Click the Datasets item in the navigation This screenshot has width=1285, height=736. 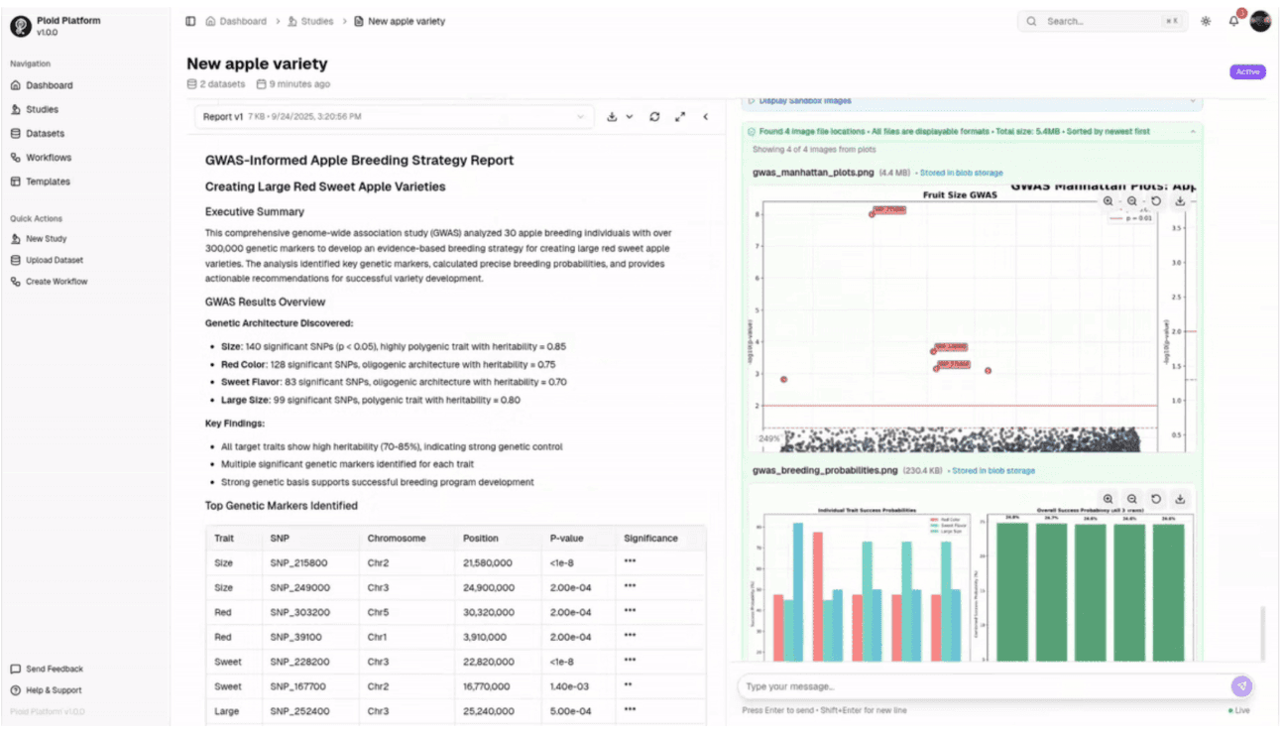45,134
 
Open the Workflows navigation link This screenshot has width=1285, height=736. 48,158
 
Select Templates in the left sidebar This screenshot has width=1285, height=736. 48,182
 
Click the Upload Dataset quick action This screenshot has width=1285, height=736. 54,260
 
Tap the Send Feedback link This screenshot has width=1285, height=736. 54,670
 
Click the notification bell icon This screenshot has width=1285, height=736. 1233,21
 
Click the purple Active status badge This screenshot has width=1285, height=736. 1247,72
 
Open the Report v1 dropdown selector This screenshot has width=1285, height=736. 394,117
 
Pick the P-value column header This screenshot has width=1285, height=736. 570,539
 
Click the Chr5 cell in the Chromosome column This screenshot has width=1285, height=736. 378,612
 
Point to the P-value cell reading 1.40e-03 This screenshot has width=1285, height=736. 570,686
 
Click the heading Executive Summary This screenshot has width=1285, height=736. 255,211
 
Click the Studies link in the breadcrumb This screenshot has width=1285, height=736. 316,21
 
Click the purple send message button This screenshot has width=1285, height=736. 1241,686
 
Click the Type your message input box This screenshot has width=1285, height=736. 982,686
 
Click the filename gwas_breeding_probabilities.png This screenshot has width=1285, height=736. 825,470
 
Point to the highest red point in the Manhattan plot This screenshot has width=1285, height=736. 873,214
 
